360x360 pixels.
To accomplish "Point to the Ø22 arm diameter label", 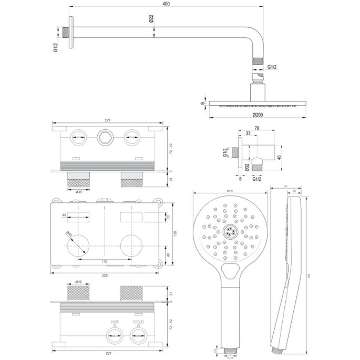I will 151,19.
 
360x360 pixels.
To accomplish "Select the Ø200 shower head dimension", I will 258,114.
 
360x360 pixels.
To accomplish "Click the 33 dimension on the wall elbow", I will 248,134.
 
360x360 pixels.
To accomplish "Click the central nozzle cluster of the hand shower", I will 230,231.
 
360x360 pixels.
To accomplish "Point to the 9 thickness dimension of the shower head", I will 203,104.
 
